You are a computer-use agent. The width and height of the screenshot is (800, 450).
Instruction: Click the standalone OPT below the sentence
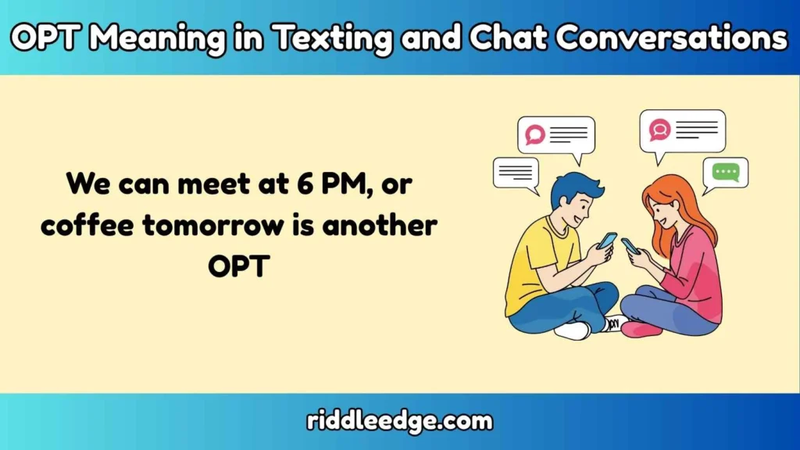238,266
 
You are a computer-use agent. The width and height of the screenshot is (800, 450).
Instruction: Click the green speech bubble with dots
726,172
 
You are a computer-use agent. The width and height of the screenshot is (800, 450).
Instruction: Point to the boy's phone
607,241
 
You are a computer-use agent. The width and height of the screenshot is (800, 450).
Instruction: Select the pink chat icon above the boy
535,134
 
